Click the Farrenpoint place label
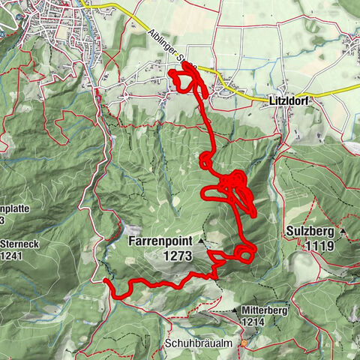pos(160,241)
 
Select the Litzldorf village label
pos(289,100)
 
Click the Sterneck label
pos(16,244)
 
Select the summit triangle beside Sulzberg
pos(343,232)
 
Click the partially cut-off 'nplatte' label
pos(13,208)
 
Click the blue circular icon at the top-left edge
pos(2,32)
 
